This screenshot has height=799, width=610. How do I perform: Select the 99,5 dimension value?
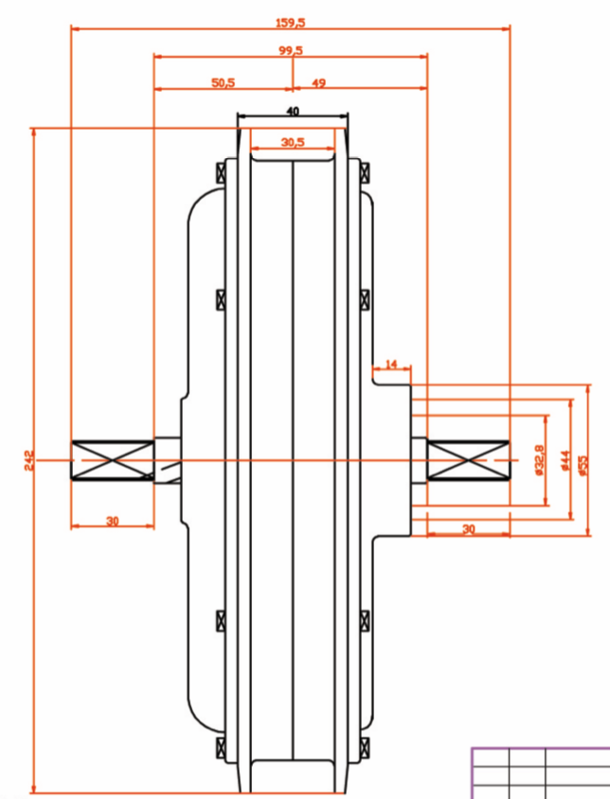click(x=291, y=50)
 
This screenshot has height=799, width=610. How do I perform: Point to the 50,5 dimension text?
click(x=224, y=83)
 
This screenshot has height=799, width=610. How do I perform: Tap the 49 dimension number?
click(x=318, y=83)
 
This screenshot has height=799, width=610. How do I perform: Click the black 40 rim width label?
click(x=292, y=112)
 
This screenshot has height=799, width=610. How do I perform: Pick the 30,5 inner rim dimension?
click(x=293, y=142)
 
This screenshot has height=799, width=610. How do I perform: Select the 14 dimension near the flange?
click(x=392, y=364)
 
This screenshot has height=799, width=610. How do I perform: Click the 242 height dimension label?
click(x=27, y=461)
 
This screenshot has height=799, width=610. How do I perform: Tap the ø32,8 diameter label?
click(x=539, y=460)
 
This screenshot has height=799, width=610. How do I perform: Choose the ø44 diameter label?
click(x=565, y=461)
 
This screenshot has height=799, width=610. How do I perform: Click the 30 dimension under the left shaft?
click(x=112, y=521)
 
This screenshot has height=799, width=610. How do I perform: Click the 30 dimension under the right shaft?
click(x=468, y=529)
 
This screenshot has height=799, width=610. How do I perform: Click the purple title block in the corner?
click(x=541, y=772)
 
